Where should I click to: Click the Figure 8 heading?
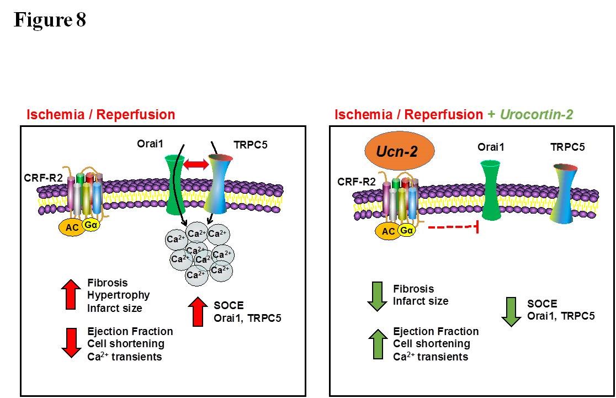pyautogui.click(x=50, y=20)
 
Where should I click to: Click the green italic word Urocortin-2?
pyautogui.click(x=537, y=115)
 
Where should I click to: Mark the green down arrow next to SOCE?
pyautogui.click(x=511, y=310)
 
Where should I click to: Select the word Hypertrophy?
pyautogui.click(x=118, y=295)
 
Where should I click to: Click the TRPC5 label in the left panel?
pyautogui.click(x=251, y=146)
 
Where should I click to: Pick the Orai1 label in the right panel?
pyautogui.click(x=491, y=147)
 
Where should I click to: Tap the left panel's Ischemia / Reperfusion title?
pyautogui.click(x=101, y=115)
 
